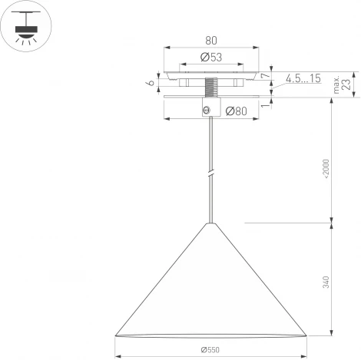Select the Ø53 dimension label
pos(211,57)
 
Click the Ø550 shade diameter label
pos(211,350)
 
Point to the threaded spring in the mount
pos(211,84)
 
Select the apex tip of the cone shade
pos(211,223)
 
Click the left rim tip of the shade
pos(114,335)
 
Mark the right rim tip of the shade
pos(308,335)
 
